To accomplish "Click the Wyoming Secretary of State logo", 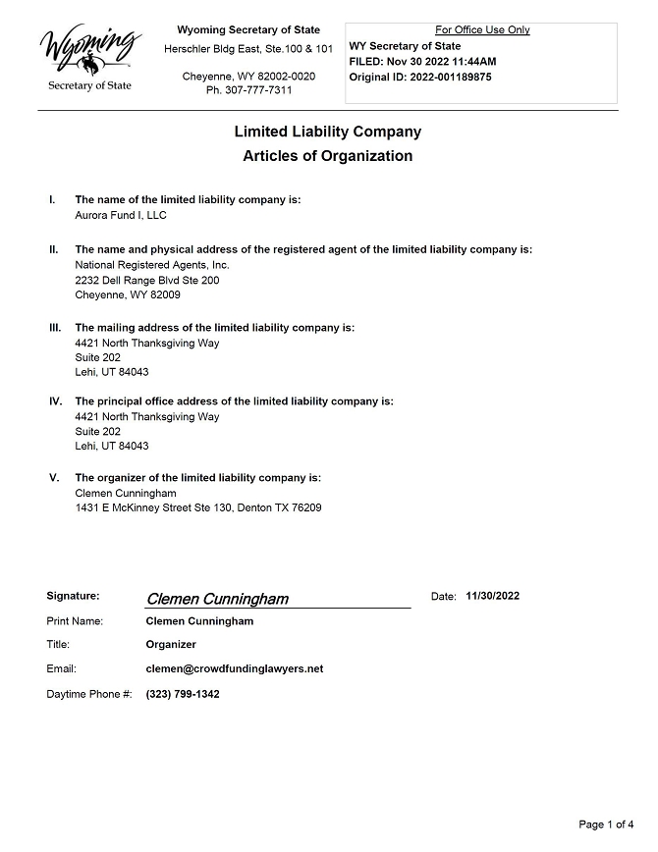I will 89,59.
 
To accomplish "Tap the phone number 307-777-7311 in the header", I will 248,90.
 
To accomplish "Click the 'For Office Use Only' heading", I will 482,30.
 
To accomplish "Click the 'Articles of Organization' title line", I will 328,156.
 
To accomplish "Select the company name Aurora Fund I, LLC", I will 121,215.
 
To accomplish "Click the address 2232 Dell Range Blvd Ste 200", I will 147,280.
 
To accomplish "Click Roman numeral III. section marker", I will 55,328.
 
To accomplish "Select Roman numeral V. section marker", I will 54,478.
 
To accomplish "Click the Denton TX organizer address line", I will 198,507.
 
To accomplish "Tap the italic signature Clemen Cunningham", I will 217,599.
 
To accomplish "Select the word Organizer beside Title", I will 171,645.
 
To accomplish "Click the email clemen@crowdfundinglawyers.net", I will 234,669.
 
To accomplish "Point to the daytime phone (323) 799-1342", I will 183,694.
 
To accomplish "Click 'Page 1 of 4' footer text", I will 607,824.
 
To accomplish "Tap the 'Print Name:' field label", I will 75,621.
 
